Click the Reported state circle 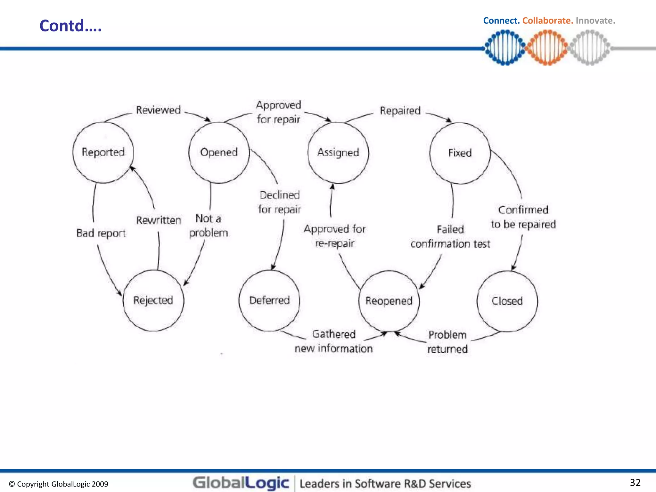(x=103, y=152)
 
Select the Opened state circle (x=219, y=152)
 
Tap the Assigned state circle (x=338, y=153)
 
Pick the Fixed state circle (x=460, y=153)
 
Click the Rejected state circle (x=153, y=300)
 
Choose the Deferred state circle (x=269, y=300)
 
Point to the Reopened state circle (x=389, y=301)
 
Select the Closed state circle (x=507, y=301)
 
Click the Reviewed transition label (x=158, y=110)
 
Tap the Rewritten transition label (x=159, y=220)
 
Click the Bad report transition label (x=101, y=233)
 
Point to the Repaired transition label (x=400, y=111)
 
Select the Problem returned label (x=447, y=342)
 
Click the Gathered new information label (x=333, y=341)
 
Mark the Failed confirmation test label (x=450, y=237)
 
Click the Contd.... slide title (x=70, y=26)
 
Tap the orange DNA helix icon (x=547, y=47)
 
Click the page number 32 (x=635, y=482)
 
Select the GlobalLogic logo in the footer (x=241, y=483)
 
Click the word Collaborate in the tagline (x=547, y=20)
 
